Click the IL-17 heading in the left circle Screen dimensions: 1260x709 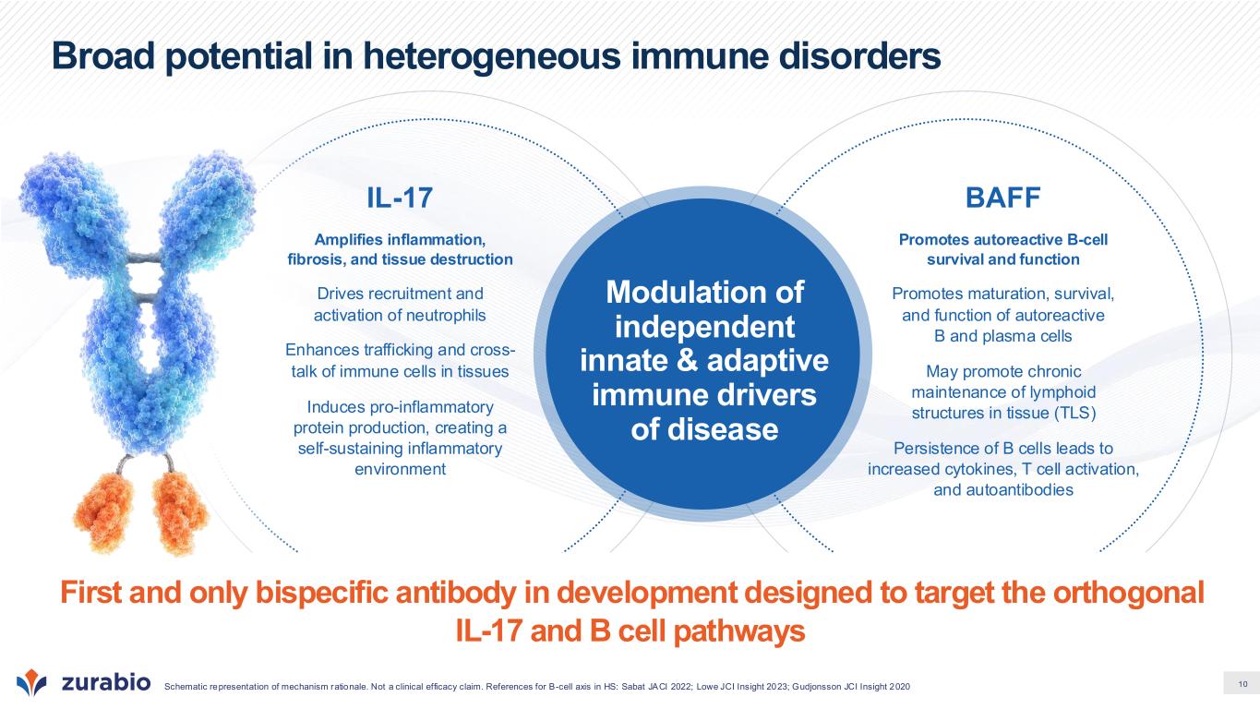pos(400,198)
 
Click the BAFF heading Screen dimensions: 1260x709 pos(1003,198)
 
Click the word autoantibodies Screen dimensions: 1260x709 pos(1020,489)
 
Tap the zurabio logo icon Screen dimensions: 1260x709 pos(31,682)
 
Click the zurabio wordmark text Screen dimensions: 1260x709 pos(106,682)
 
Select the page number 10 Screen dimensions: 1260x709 pos(1243,684)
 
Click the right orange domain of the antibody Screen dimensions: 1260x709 pos(179,512)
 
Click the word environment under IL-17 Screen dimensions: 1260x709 pos(400,469)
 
